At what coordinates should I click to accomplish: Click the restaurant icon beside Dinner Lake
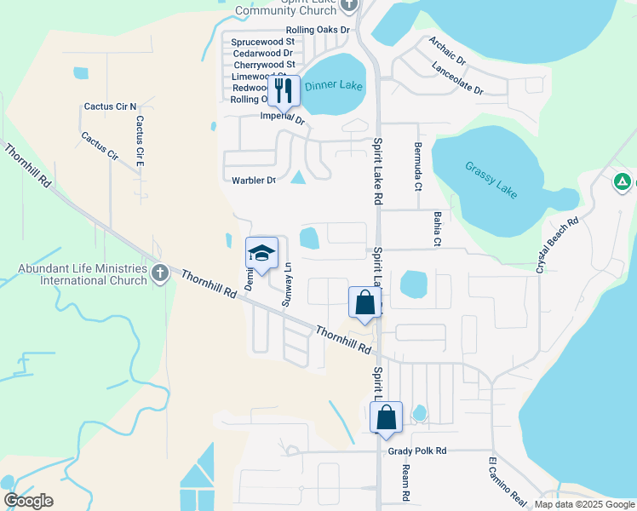284,89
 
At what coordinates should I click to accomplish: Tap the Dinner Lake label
335,87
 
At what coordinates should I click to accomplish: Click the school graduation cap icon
262,253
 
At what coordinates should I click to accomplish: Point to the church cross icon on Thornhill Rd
160,273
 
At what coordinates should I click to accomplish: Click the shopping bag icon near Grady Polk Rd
386,418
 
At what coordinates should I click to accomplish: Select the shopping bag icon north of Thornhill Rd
364,302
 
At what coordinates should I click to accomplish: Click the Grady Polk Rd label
416,451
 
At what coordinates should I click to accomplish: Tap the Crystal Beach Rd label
557,244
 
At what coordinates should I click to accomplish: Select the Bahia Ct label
437,230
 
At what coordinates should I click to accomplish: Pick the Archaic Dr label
448,51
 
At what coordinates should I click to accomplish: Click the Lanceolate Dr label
457,78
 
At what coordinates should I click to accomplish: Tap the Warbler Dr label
254,181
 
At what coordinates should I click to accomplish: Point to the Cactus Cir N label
110,106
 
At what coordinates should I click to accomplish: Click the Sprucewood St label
261,41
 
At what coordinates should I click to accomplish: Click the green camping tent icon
623,181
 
